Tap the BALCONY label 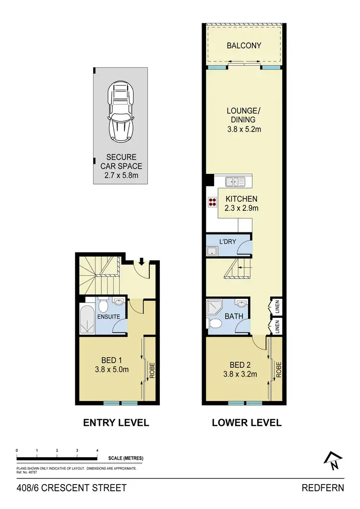tap(244, 46)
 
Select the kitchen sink tap(235, 182)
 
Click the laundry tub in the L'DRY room tap(212, 251)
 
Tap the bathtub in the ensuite tap(87, 319)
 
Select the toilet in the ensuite tap(103, 305)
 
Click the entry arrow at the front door tap(142, 262)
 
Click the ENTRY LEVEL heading tap(116, 423)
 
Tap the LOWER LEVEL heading tap(247, 423)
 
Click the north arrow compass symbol tap(332, 461)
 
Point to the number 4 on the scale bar tap(97, 450)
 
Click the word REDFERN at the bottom tap(323, 488)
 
